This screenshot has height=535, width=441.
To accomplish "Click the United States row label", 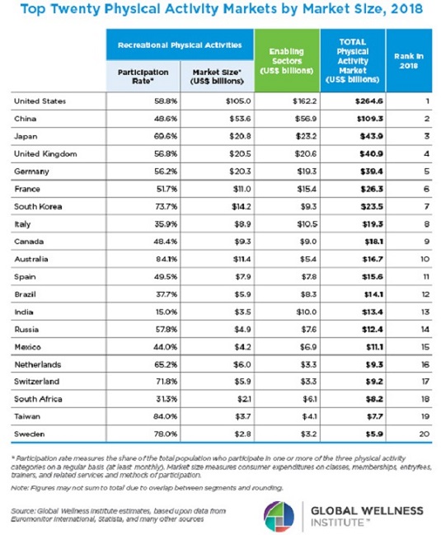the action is click(40, 101).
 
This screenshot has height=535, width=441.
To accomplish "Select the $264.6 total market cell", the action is click(368, 101).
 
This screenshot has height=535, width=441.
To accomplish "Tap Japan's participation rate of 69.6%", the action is click(166, 136).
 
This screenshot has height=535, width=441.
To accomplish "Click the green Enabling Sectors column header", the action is click(287, 61).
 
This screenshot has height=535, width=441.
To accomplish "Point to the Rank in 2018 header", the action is click(409, 61).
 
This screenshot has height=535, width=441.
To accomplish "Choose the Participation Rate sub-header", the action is click(143, 77).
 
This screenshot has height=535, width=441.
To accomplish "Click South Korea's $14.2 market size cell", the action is click(242, 206).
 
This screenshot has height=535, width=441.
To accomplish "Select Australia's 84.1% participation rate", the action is click(167, 259).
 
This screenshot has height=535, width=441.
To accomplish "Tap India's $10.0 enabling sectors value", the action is click(307, 312).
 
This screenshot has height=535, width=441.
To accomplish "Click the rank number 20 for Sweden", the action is click(425, 434).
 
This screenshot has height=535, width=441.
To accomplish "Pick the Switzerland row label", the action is click(37, 382).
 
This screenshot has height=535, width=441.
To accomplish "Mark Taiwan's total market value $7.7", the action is click(374, 416).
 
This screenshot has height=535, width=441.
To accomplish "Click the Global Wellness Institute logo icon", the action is click(279, 516).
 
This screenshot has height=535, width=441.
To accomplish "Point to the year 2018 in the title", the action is click(407, 8).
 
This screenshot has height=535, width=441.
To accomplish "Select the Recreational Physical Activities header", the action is click(180, 45).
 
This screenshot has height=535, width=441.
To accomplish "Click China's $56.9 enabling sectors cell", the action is click(306, 119).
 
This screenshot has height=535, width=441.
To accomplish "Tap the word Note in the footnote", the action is click(20, 488).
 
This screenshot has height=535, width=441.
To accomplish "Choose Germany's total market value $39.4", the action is click(372, 171).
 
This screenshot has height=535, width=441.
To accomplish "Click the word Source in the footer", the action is click(23, 511).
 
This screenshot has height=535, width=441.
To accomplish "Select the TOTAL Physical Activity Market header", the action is click(353, 61).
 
